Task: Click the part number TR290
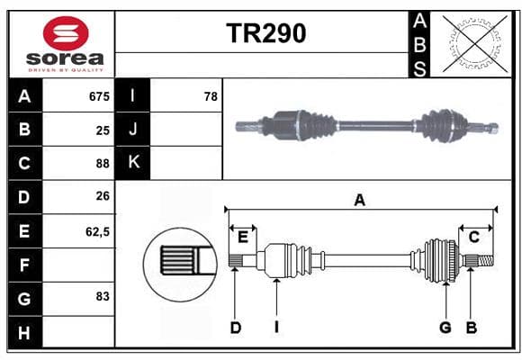click(266, 33)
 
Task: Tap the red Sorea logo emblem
click(66, 33)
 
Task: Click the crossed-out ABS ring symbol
click(475, 43)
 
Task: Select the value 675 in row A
click(99, 96)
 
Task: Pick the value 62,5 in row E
click(97, 232)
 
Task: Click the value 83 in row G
click(103, 296)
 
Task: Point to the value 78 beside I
click(211, 96)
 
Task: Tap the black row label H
click(24, 332)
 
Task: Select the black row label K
click(133, 163)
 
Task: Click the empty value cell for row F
click(78, 265)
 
